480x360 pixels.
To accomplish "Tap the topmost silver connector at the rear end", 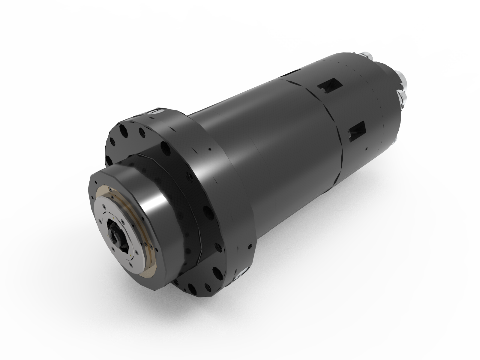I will [367, 55].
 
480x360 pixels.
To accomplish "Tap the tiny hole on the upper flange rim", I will [210, 149].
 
